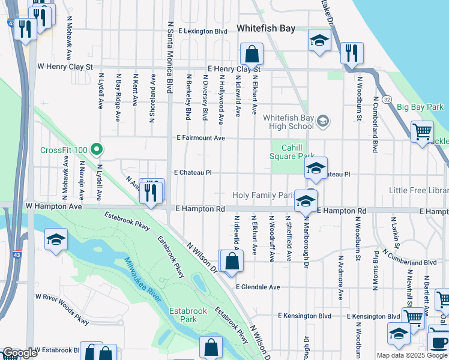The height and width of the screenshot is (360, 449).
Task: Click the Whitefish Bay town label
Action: pos(265,28)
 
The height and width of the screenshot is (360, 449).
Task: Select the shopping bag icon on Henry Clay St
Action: pos(252,54)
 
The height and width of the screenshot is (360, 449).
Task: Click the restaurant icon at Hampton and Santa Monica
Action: pos(151,193)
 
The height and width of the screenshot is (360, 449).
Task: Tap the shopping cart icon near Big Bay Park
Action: pos(423,131)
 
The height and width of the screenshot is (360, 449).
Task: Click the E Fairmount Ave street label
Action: pos(200,138)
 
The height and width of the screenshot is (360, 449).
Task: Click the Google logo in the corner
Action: pos(20,353)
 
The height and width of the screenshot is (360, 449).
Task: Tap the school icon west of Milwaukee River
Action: pos(56,240)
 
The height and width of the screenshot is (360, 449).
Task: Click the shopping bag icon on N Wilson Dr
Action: pos(232,262)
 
